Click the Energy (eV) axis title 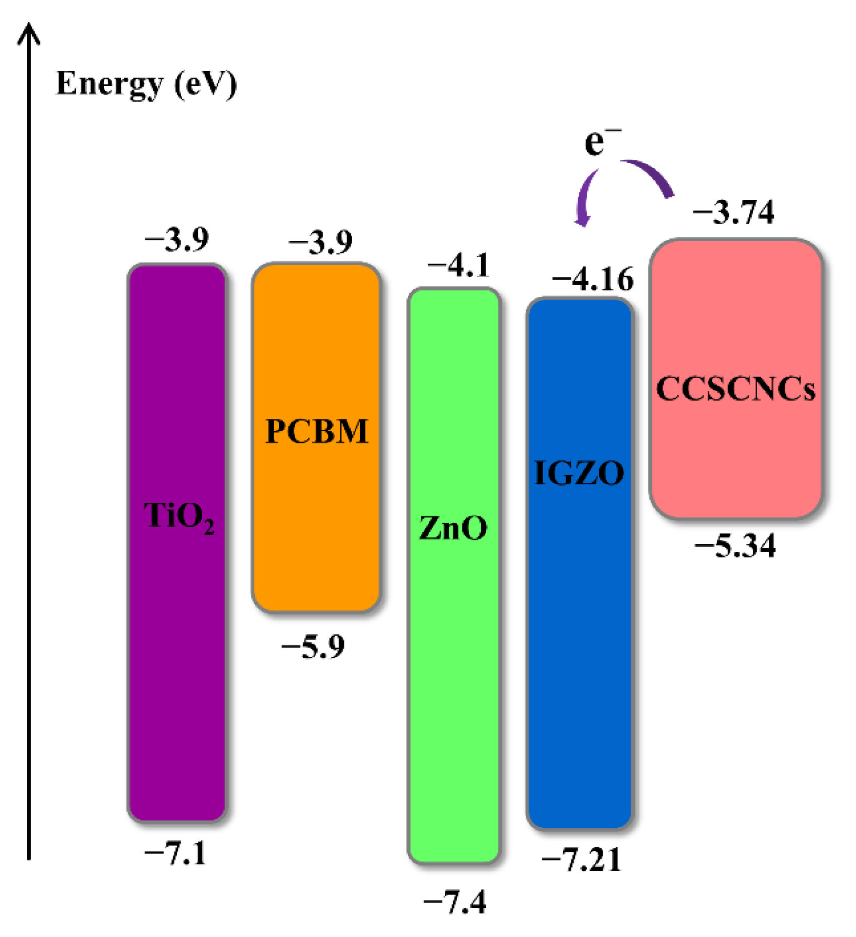[x=146, y=84]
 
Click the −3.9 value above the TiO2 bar [x=177, y=239]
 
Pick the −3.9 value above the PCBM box [x=321, y=242]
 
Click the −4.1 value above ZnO [x=458, y=266]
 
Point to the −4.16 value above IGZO [x=592, y=279]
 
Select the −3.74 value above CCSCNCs [x=733, y=212]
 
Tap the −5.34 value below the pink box [x=735, y=546]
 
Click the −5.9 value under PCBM [x=313, y=647]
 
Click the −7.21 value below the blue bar [x=581, y=860]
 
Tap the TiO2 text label [x=179, y=516]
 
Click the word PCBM [x=317, y=431]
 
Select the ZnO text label [x=453, y=528]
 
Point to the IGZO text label [x=579, y=473]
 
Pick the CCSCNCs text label [x=736, y=389]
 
